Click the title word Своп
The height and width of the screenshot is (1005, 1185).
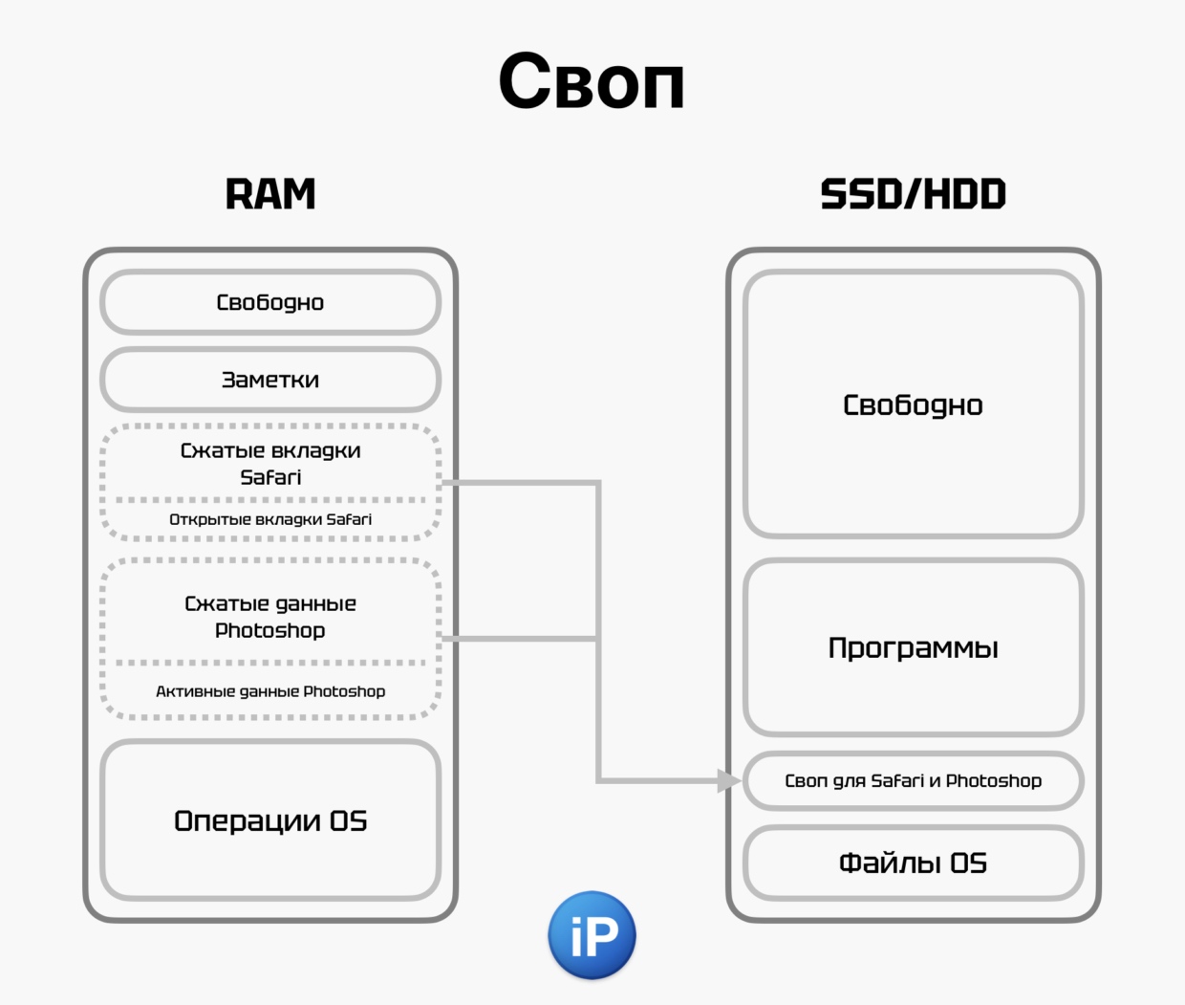coord(592,82)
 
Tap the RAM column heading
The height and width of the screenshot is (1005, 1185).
coord(270,194)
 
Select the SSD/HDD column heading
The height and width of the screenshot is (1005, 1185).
coord(913,194)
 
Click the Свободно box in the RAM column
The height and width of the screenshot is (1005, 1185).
coord(270,302)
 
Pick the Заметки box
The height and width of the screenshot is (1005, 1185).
coord(270,380)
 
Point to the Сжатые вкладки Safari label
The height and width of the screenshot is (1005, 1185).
coord(270,463)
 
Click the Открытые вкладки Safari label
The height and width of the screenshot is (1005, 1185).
coord(270,519)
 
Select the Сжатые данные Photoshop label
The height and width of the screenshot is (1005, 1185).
coord(270,617)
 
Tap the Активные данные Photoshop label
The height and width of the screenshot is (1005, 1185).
coord(270,691)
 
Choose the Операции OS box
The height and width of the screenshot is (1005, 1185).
coord(270,820)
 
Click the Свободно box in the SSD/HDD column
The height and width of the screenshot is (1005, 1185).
coord(913,404)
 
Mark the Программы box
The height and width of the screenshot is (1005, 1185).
coord(913,647)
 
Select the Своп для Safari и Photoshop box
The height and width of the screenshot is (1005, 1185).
coord(913,780)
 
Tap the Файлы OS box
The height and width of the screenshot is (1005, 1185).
coord(913,863)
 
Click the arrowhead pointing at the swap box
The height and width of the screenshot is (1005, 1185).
coord(729,780)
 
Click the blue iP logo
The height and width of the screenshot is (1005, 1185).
coord(592,935)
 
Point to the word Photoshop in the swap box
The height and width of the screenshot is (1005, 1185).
coord(994,780)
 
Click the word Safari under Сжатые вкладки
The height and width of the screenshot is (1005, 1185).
coord(270,477)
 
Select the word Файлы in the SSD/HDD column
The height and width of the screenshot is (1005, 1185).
coord(890,863)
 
